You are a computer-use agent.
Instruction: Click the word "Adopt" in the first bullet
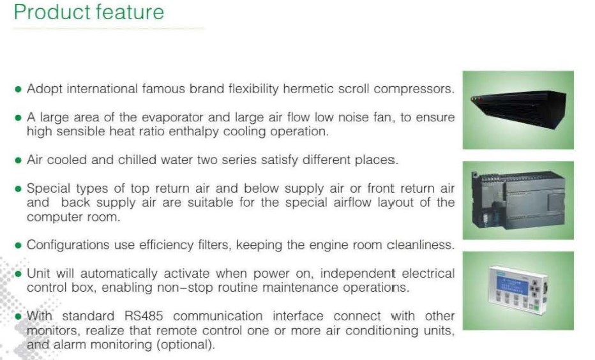45,89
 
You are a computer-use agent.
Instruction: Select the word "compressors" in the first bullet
414,89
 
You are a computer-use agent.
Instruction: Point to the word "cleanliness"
420,245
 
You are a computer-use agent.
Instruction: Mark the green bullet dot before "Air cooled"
18,160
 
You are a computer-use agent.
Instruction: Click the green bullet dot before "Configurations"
18,246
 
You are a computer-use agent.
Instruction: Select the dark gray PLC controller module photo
518,200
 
